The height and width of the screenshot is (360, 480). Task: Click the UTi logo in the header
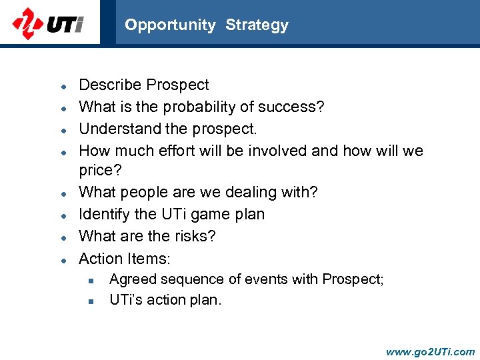(x=48, y=24)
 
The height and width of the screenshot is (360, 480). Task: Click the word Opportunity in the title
(x=170, y=25)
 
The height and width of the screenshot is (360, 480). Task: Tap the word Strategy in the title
(x=257, y=25)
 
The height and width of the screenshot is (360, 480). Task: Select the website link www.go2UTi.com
(x=430, y=351)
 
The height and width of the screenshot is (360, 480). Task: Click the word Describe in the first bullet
(x=110, y=85)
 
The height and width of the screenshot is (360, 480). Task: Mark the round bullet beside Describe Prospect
(x=62, y=86)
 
